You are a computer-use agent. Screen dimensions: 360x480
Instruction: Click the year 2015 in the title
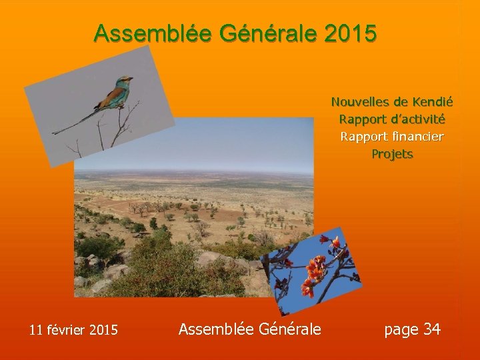pos(352,33)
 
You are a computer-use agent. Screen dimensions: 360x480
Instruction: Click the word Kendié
pos(432,102)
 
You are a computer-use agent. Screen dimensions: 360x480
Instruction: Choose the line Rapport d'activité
pos(392,119)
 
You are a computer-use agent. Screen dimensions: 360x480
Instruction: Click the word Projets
pos(392,154)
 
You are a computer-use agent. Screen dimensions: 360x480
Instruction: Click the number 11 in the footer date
pos(36,329)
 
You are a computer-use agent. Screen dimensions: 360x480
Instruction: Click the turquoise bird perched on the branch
pos(115,95)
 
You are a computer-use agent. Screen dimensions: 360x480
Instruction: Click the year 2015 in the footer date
pos(103,329)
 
